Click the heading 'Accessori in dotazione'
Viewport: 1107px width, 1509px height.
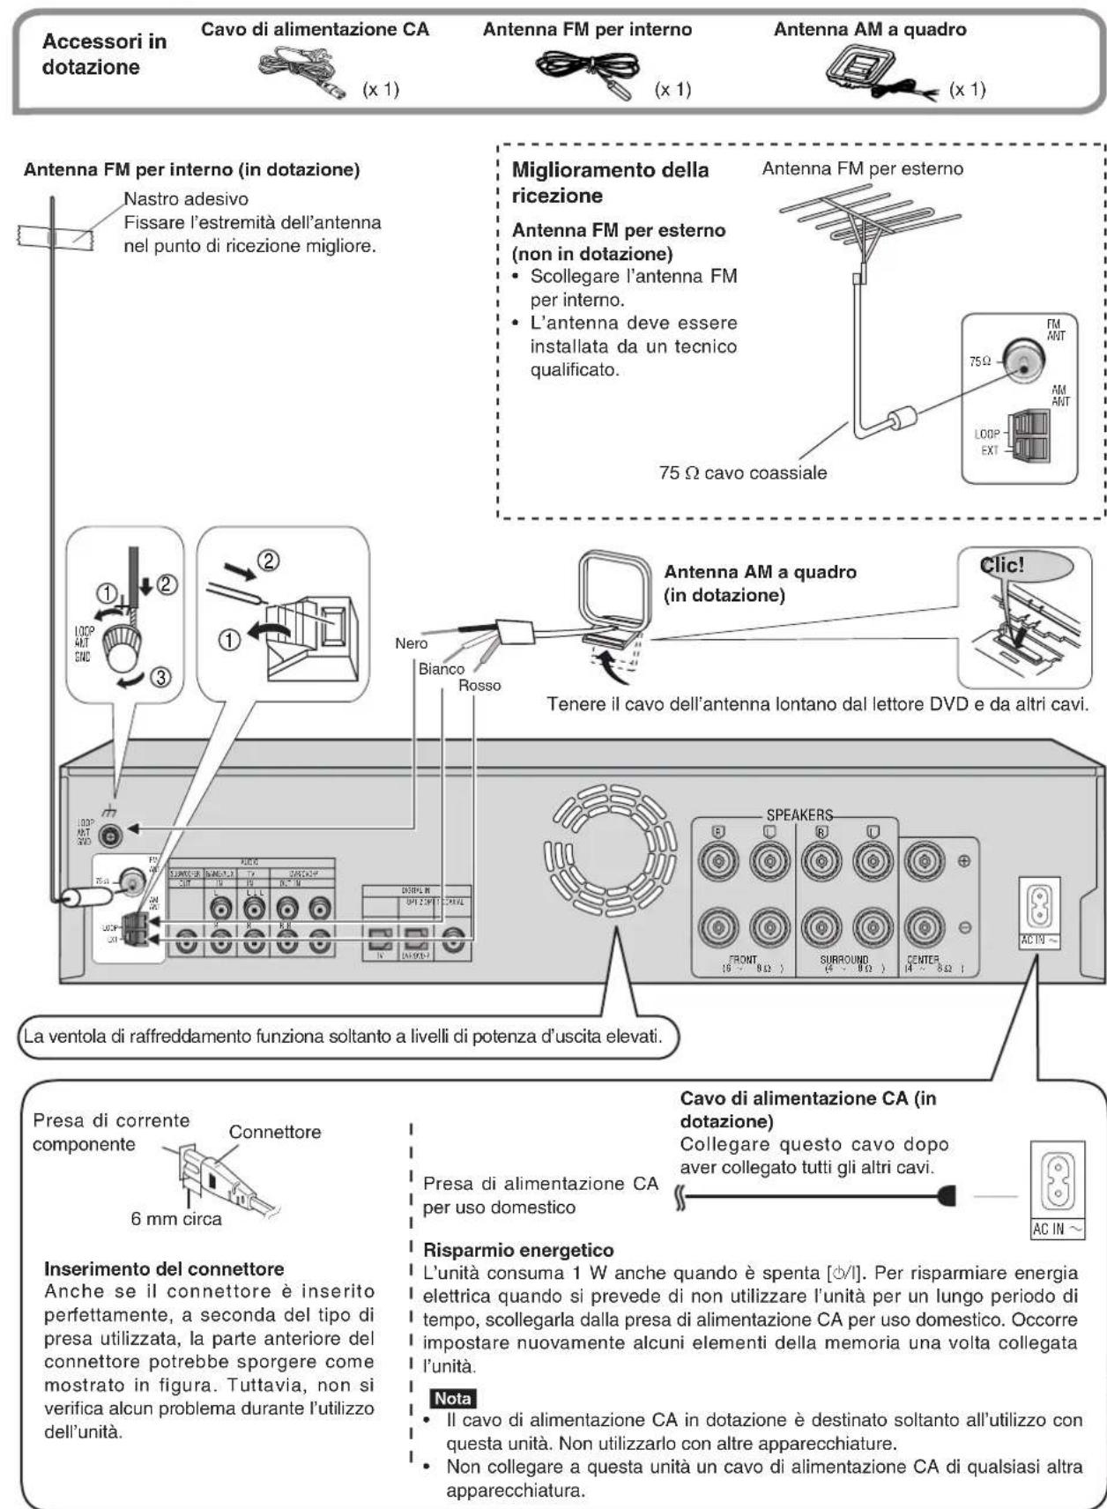click(103, 54)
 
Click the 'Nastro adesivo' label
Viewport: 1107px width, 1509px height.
click(185, 199)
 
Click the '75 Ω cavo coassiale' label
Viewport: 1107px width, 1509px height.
click(742, 472)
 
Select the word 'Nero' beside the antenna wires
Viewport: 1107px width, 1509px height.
click(411, 643)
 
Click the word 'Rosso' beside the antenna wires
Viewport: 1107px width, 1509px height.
click(479, 686)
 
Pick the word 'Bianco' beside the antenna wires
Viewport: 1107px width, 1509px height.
click(442, 669)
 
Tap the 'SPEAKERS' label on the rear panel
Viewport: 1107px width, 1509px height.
click(799, 814)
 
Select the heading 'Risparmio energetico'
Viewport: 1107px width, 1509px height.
click(518, 1250)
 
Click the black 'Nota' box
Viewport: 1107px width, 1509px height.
click(452, 1399)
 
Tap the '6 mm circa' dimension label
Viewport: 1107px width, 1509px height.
click(176, 1219)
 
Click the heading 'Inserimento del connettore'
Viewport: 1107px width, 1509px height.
click(164, 1269)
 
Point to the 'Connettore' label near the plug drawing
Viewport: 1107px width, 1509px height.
click(274, 1132)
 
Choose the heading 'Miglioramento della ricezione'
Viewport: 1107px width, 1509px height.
click(609, 182)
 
